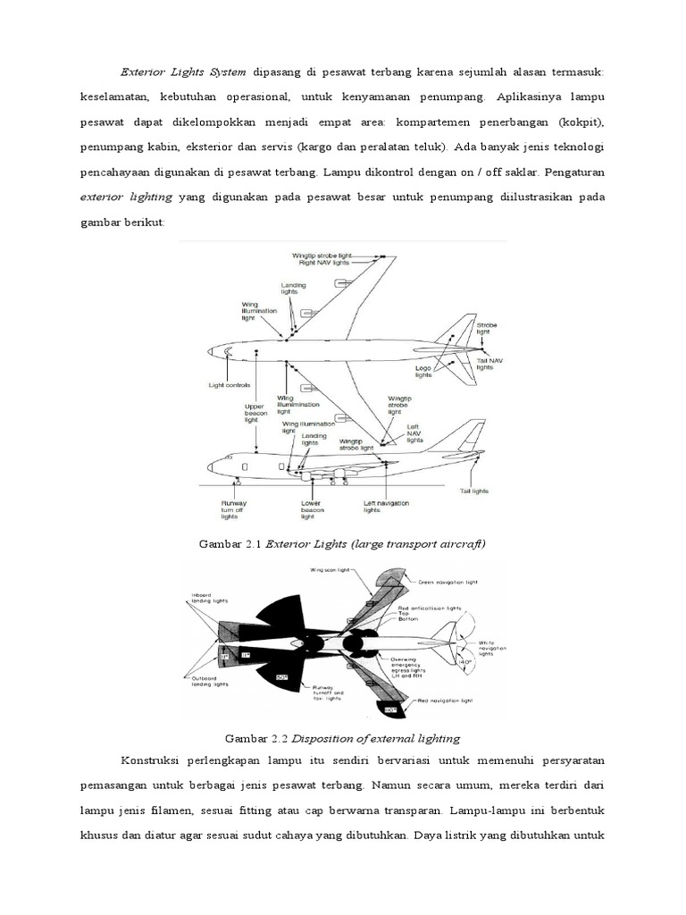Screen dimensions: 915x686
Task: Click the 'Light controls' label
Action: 229,385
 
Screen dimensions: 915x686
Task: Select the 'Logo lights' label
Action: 424,371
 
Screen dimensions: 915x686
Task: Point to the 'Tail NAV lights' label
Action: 485,363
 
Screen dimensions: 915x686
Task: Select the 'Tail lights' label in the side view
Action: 473,491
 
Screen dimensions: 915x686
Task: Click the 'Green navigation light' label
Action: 450,582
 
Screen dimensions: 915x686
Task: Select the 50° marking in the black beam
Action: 282,676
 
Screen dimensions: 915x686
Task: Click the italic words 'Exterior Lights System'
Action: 183,71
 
